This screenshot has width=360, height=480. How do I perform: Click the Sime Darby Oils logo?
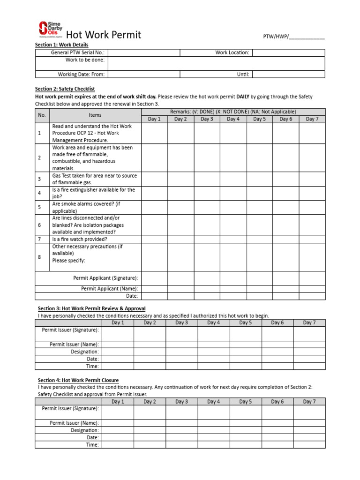point(50,29)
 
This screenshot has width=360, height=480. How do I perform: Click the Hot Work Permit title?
point(103,35)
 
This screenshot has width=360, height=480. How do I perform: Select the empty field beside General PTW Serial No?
point(143,53)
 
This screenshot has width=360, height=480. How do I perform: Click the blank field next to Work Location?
point(288,53)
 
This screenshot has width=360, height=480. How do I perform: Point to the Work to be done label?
point(85,60)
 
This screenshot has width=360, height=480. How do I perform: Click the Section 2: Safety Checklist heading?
point(65,89)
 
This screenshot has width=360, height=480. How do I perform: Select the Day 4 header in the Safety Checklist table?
point(233,119)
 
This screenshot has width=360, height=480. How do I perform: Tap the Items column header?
point(95,115)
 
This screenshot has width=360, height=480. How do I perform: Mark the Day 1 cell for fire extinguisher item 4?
point(154,194)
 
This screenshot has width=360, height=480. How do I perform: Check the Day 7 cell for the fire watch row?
point(312,239)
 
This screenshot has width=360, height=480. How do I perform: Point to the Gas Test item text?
point(94,179)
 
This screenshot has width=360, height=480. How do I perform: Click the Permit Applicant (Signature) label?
point(105,278)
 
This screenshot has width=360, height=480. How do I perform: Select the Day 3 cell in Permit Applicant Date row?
point(207,296)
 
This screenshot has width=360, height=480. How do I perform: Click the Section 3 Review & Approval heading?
point(91,308)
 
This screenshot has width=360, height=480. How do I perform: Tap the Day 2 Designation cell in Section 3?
point(150,352)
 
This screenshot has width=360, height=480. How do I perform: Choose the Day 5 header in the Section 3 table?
point(245,322)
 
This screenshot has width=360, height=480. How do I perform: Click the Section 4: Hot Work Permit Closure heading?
point(78,380)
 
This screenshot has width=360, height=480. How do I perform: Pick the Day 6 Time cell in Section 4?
point(277,445)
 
